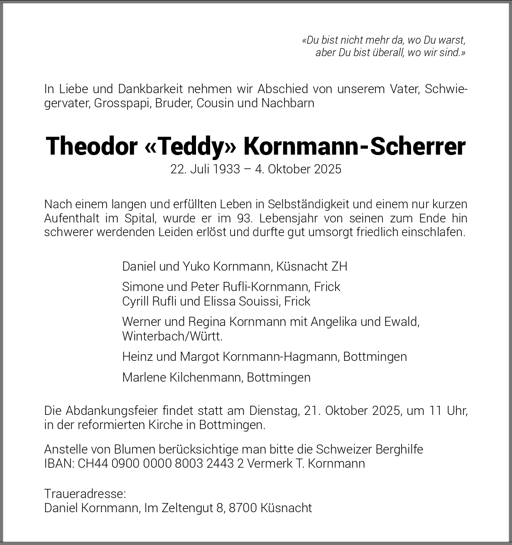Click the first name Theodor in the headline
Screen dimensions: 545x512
[91, 146]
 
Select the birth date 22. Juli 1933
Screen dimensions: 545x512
[205, 169]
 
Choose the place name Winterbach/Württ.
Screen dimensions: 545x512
[172, 336]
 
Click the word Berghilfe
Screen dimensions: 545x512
[399, 449]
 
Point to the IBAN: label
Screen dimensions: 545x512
[59, 464]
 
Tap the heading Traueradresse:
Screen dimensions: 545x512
[85, 494]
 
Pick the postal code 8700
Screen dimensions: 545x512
[243, 508]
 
